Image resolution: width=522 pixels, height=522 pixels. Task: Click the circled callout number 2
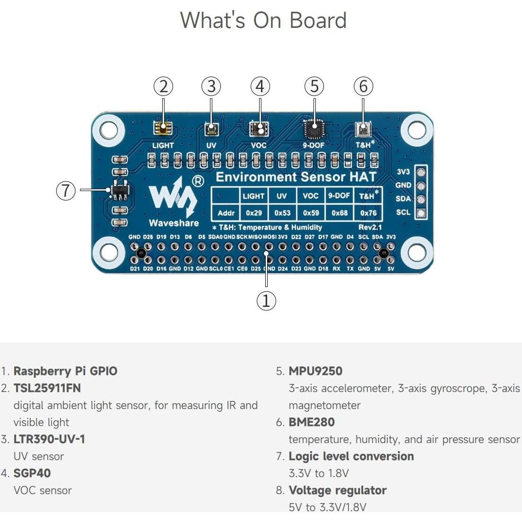(x=164, y=87)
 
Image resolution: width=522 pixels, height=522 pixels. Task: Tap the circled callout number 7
(x=66, y=191)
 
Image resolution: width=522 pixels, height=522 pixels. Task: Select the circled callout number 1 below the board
(x=266, y=301)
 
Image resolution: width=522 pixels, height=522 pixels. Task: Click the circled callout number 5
(x=314, y=87)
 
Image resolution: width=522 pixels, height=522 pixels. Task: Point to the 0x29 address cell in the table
(x=254, y=213)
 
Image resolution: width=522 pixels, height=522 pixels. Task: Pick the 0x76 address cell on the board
(x=368, y=213)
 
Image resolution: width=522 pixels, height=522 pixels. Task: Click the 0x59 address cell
(x=311, y=213)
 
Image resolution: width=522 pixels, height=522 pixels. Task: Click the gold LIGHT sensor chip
(x=163, y=128)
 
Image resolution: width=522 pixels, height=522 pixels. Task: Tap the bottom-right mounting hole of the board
(x=417, y=253)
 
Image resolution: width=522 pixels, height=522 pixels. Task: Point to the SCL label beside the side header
(x=403, y=212)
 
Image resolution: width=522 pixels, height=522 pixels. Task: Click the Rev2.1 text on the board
(x=370, y=227)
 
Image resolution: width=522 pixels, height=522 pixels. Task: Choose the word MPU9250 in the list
(x=315, y=371)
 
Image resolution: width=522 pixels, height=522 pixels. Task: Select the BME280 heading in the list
(x=312, y=422)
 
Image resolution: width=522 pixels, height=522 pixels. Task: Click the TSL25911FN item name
(x=47, y=388)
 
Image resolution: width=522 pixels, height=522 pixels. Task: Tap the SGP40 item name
(x=32, y=473)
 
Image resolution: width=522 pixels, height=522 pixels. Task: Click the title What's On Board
(x=263, y=20)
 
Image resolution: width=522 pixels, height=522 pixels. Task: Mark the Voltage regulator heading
(x=338, y=490)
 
